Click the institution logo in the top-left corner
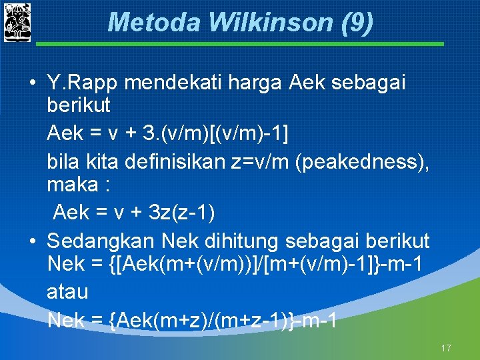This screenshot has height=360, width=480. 17,21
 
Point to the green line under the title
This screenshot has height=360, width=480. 240,44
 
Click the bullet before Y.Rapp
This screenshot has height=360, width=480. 32,84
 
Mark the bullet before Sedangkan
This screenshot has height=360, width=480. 32,241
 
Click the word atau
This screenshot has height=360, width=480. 67,293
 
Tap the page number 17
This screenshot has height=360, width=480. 446,348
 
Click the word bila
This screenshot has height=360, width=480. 61,161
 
